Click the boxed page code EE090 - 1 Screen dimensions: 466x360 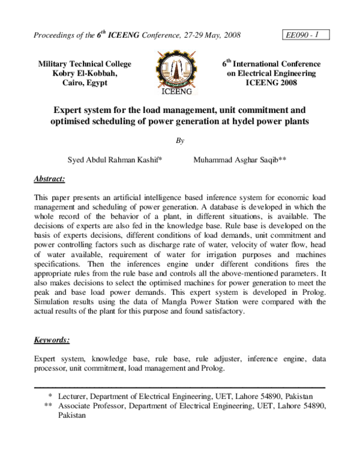coord(302,35)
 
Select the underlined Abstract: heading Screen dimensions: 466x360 coord(50,179)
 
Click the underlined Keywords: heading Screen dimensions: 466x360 coord(52,340)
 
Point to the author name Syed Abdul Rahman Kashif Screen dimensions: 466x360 coord(119,160)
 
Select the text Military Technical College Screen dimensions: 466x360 coord(85,64)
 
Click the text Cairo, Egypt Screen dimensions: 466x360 coord(85,83)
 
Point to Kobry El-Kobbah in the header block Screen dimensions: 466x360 coord(85,73)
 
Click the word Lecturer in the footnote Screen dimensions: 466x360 coord(76,396)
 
